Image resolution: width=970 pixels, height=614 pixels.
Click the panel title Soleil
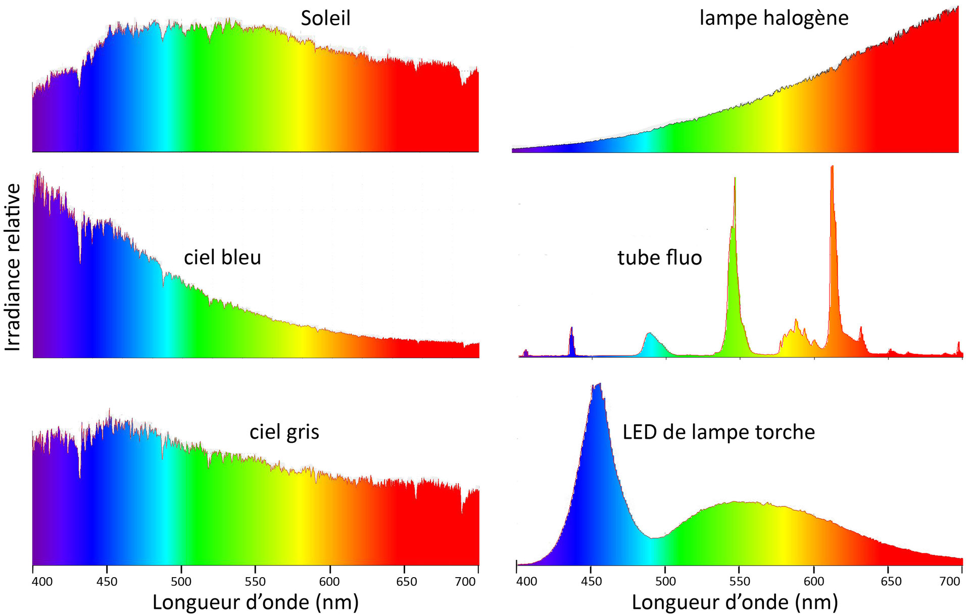click(325, 18)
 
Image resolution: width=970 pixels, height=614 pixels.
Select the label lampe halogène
click(773, 18)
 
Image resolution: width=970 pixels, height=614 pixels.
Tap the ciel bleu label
click(222, 258)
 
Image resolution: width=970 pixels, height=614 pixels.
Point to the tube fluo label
click(659, 258)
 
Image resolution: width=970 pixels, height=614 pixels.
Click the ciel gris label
click(284, 432)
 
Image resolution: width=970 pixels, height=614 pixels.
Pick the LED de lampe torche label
click(718, 432)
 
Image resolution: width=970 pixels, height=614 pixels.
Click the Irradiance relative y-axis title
click(13, 267)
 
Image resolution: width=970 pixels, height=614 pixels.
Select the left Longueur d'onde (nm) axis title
click(256, 602)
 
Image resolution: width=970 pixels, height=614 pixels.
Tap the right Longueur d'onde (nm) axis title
click(735, 602)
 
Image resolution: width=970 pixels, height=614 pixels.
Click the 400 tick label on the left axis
click(42, 582)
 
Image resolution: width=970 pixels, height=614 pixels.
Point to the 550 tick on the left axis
click(255, 582)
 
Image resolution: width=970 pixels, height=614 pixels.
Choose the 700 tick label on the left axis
click(465, 582)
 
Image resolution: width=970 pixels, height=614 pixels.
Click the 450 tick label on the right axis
click(591, 582)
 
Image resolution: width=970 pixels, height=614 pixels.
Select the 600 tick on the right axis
click(814, 582)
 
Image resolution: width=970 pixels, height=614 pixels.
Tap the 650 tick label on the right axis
click(891, 582)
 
